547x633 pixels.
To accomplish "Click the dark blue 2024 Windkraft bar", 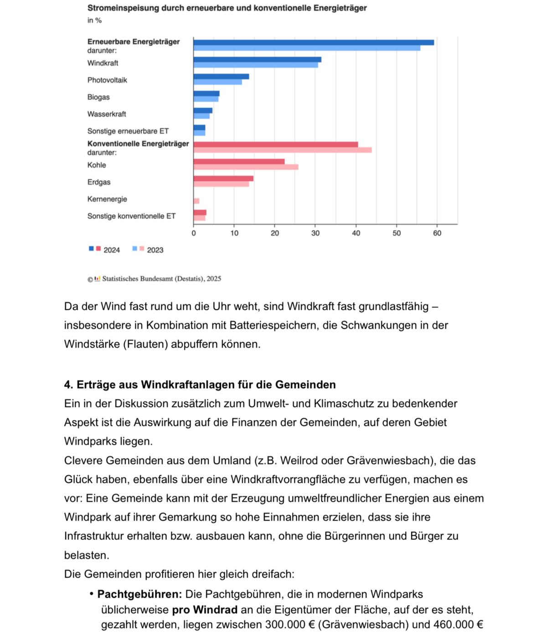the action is click(257, 59).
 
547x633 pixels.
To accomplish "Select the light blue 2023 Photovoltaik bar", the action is click(217, 82).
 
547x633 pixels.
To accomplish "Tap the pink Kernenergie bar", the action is click(196, 201).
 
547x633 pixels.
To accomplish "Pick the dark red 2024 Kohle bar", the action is click(239, 162).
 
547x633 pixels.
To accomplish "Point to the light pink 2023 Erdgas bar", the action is click(221, 184).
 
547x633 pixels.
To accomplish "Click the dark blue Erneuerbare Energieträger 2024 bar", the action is click(314, 42).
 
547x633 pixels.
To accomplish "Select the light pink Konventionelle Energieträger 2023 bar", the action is click(283, 150).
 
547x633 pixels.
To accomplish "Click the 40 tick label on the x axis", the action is click(356, 233).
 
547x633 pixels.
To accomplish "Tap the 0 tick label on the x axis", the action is click(194, 233).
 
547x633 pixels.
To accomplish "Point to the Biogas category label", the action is click(98, 97).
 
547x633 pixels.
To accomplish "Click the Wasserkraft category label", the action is click(107, 114).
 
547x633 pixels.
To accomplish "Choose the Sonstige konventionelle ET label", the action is click(132, 216).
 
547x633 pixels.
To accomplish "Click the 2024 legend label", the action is click(112, 250).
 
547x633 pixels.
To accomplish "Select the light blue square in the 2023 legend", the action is click(134, 249).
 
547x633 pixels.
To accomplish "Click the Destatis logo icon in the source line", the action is click(97, 279).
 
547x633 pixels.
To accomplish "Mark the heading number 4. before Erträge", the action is click(69, 385).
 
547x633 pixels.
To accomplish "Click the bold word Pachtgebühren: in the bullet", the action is click(139, 594).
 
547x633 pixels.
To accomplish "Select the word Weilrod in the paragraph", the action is click(299, 460).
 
